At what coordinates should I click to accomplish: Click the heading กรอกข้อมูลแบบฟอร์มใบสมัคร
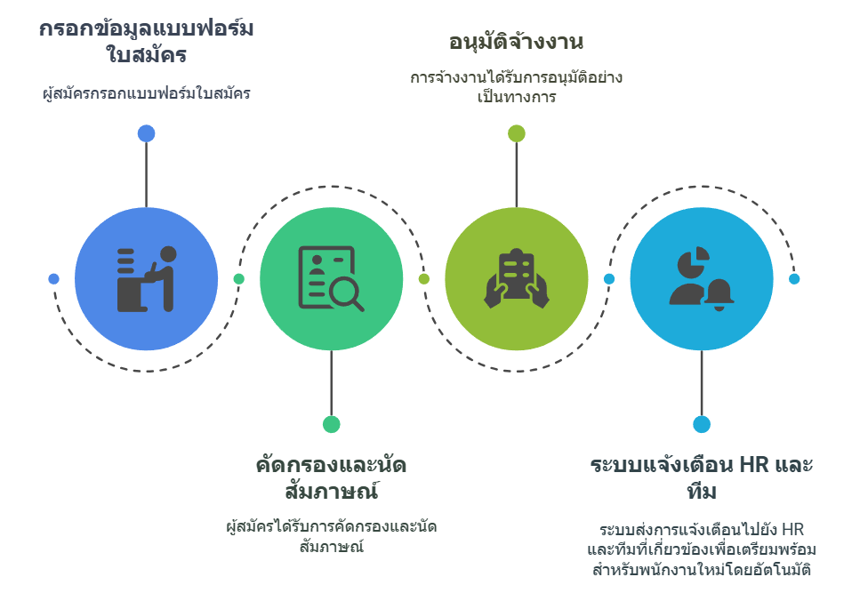147,42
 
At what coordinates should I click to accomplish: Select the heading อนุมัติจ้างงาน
516,42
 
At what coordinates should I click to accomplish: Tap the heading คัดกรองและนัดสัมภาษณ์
331,478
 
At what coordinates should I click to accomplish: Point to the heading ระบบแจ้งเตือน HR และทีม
702,478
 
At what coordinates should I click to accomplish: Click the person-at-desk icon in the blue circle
147,279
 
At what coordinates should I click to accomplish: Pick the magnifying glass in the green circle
347,295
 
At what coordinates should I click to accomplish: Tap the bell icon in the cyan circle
719,294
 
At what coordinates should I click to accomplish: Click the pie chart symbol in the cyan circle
694,262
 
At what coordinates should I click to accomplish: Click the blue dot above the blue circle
147,133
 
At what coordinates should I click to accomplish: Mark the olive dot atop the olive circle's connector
517,133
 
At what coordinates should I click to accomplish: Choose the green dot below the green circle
331,424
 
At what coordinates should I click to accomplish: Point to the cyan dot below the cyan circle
702,424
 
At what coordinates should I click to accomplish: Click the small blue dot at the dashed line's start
53,279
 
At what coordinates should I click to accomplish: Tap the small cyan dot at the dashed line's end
794,279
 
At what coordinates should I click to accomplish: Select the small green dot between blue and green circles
238,279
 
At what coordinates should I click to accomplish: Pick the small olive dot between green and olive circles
424,279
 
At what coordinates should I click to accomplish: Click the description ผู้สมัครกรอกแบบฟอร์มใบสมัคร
147,93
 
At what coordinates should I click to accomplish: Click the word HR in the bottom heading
754,465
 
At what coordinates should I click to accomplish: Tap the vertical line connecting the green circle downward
331,383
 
